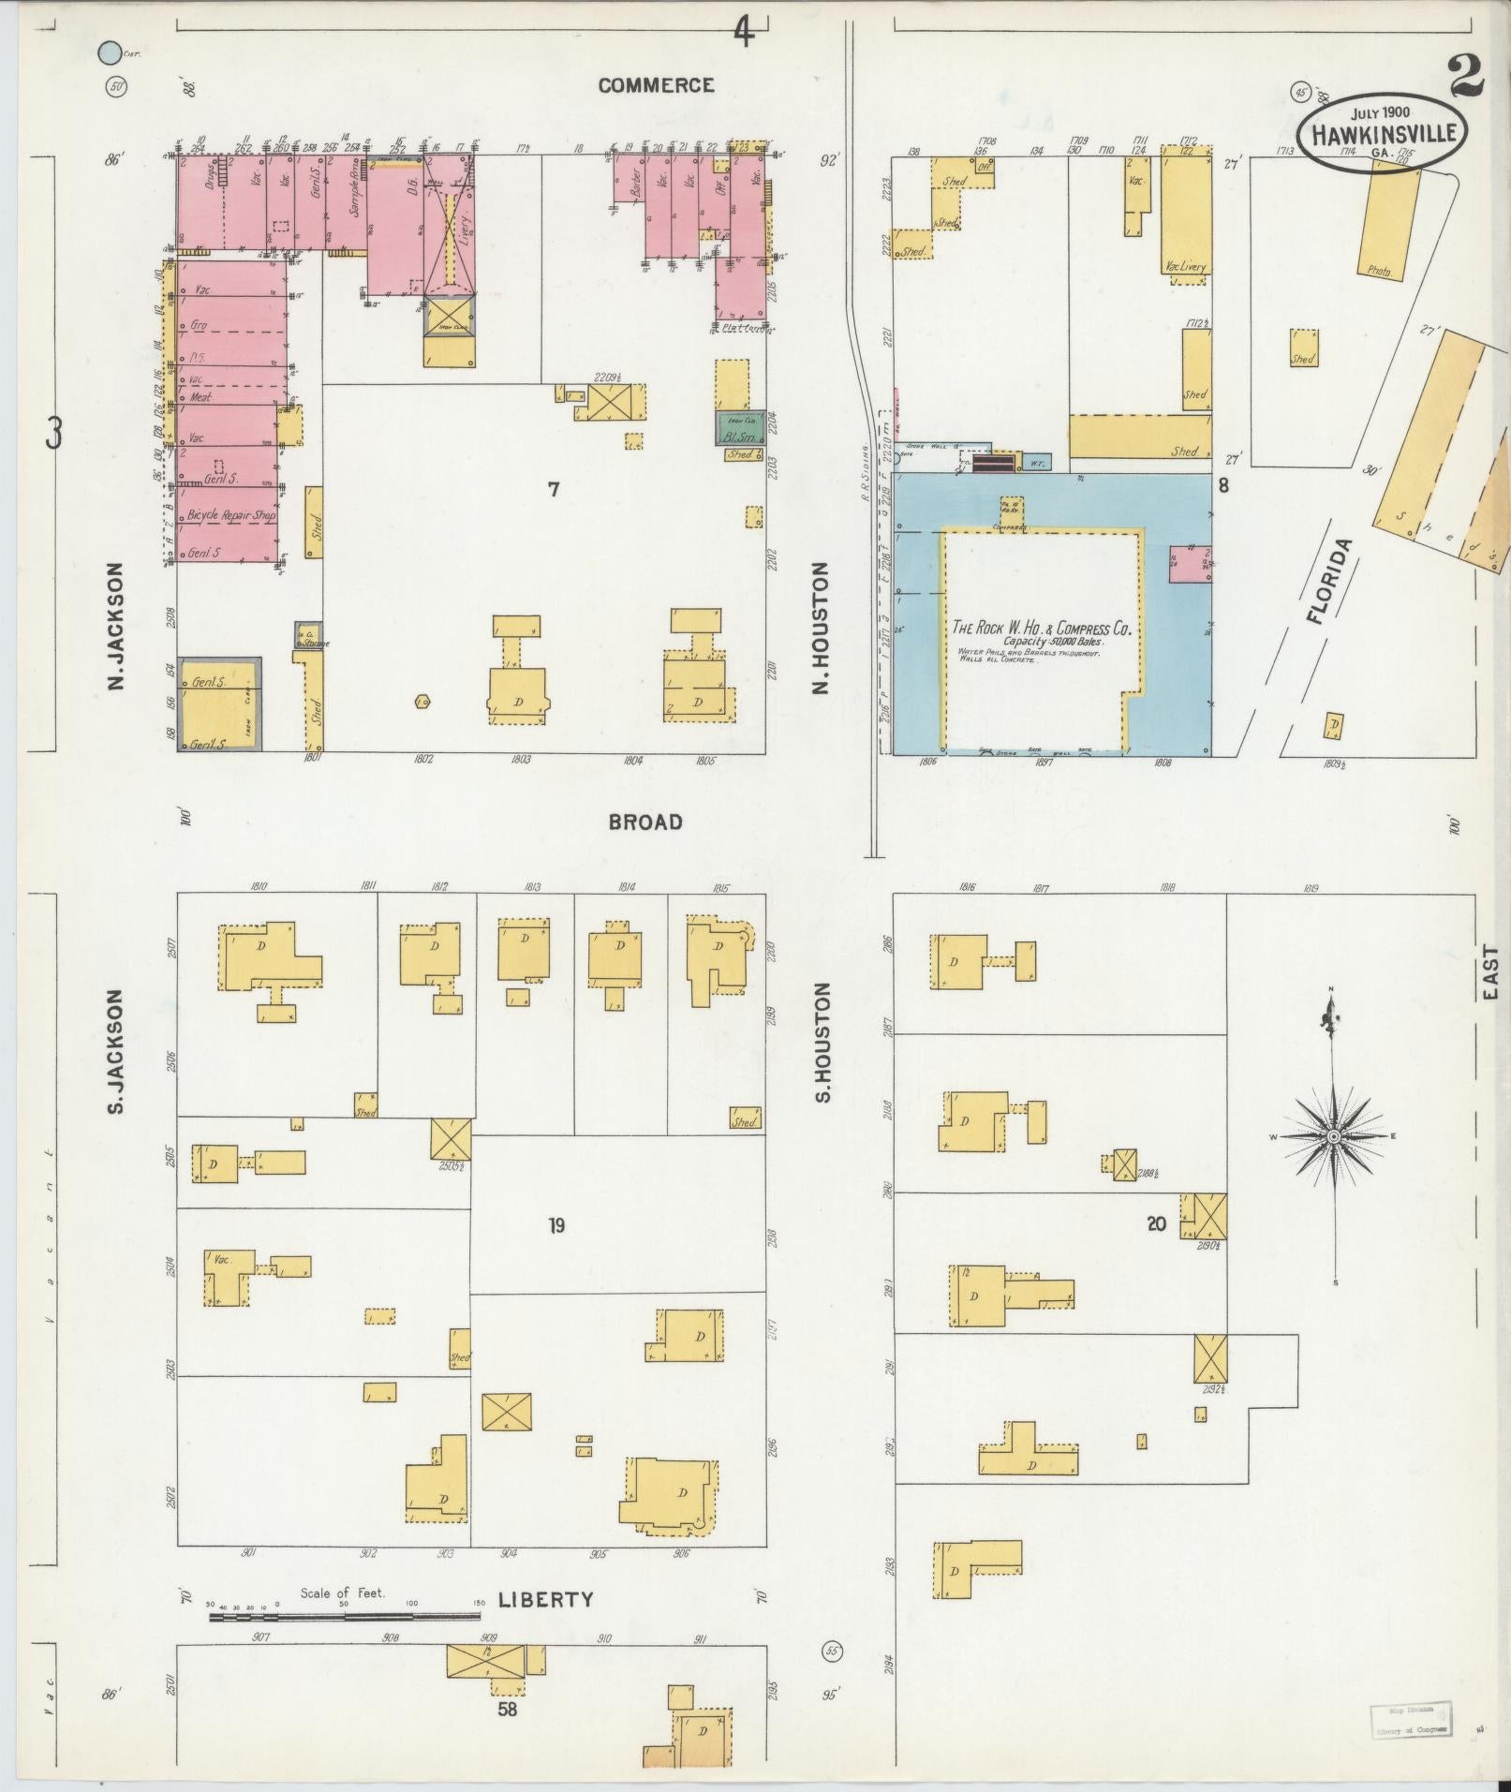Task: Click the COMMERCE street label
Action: (x=656, y=85)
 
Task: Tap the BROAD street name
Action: (x=645, y=822)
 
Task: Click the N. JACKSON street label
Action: (x=116, y=627)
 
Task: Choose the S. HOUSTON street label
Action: (x=822, y=1043)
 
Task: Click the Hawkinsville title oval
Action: (x=1382, y=133)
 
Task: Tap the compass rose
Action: (x=1332, y=1136)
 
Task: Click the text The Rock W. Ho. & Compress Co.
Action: (x=1042, y=629)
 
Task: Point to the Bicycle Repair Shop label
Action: (x=231, y=515)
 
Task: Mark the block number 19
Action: (x=556, y=1225)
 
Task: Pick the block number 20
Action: (x=1156, y=1222)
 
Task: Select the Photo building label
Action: (x=1379, y=271)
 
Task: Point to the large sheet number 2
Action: (x=1465, y=77)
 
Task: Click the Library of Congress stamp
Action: (x=1411, y=1720)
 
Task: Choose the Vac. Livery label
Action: (x=1185, y=267)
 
